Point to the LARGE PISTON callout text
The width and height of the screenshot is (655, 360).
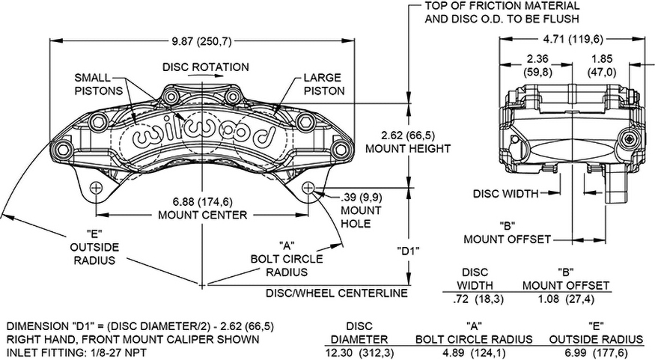pos(323,83)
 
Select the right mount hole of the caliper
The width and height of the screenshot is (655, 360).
pos(310,188)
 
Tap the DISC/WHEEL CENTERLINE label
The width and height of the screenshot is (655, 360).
pos(336,293)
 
